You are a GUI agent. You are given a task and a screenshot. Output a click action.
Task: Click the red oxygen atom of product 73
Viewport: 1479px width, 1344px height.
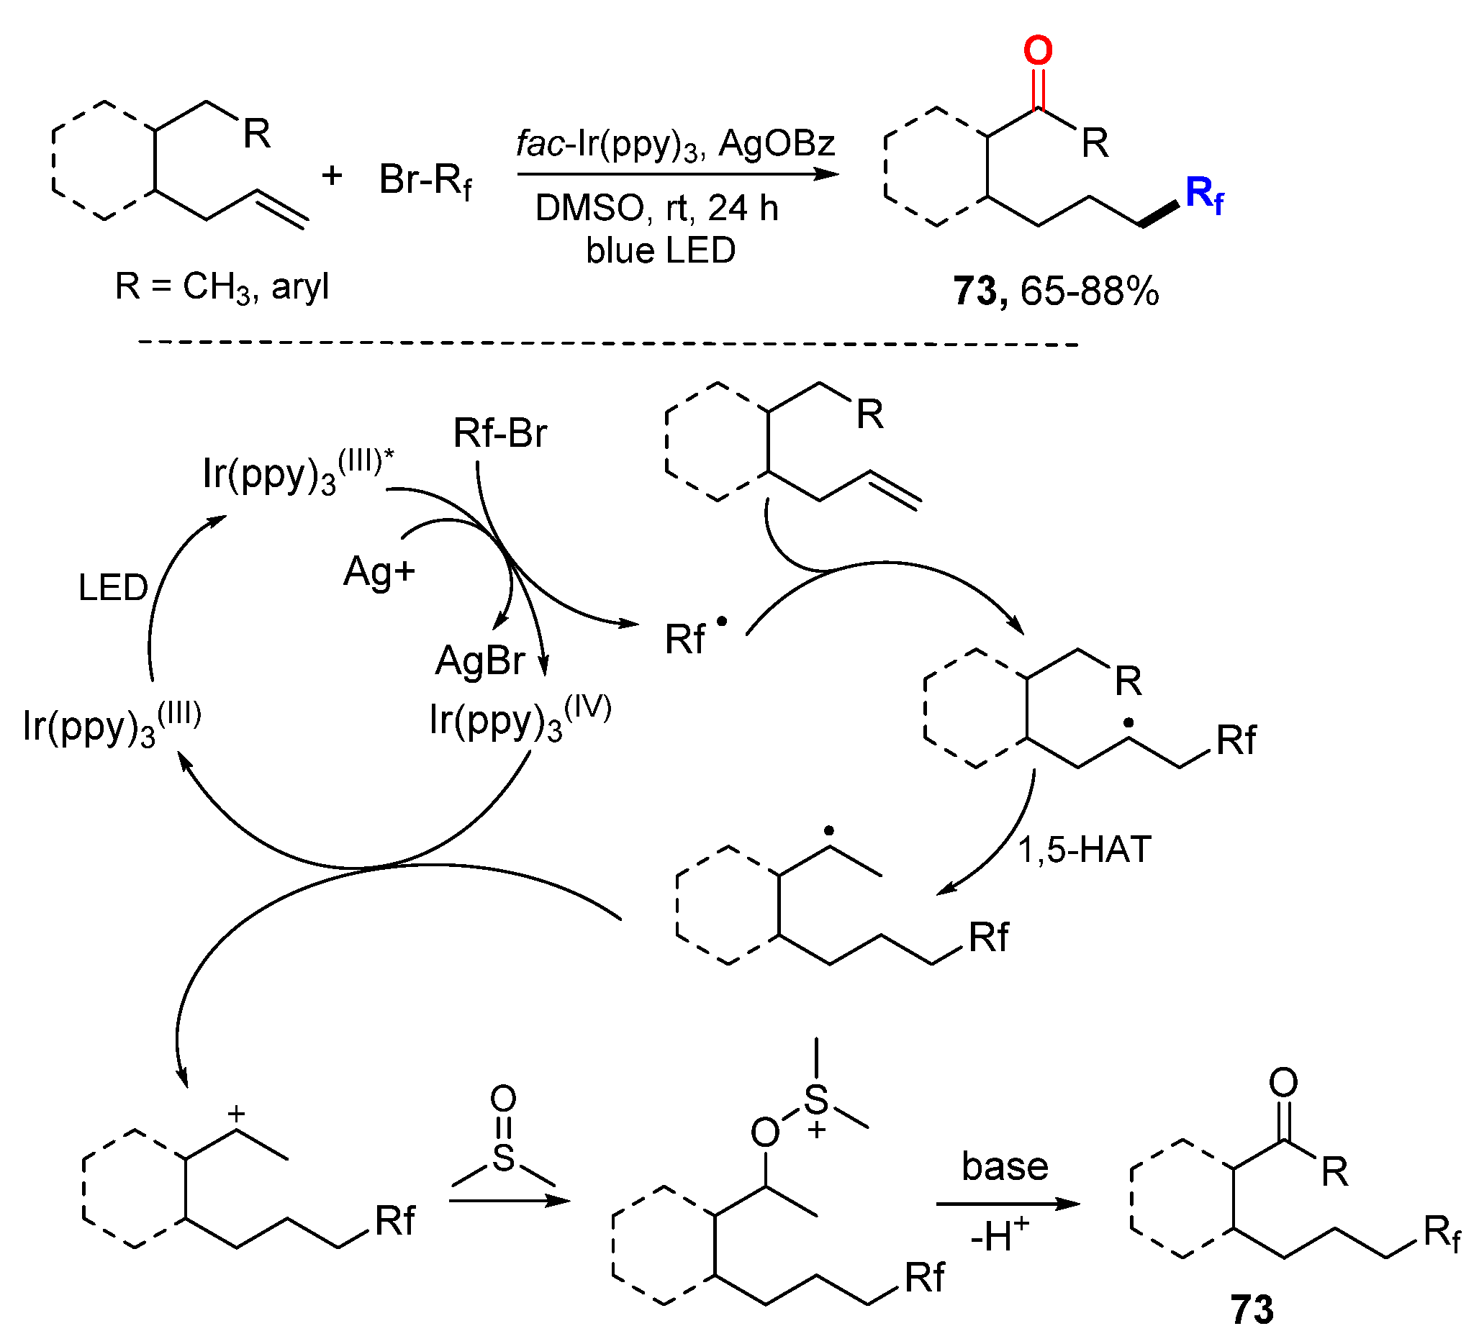click(x=1037, y=51)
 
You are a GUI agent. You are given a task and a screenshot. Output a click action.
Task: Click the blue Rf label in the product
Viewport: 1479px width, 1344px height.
click(x=1203, y=195)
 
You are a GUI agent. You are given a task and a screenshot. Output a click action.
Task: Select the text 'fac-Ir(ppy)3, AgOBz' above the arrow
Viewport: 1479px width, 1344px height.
click(x=675, y=143)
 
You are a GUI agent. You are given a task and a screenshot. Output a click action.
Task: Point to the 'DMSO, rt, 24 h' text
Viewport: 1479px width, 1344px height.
click(x=656, y=208)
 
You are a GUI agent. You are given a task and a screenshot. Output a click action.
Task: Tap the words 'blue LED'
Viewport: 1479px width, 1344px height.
click(x=660, y=251)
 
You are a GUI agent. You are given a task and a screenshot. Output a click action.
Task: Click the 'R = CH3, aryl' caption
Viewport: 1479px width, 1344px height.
click(x=222, y=286)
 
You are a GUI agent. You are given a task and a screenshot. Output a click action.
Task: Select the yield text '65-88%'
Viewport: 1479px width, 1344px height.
click(x=1090, y=291)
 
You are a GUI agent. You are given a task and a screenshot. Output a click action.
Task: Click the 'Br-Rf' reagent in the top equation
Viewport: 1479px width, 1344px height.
click(x=425, y=180)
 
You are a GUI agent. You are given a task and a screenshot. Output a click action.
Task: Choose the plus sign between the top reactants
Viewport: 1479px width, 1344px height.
click(x=332, y=176)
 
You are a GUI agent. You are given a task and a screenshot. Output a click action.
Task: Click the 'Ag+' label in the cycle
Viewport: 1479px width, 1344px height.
click(x=379, y=572)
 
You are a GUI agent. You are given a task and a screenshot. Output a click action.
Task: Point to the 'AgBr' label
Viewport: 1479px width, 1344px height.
click(x=480, y=660)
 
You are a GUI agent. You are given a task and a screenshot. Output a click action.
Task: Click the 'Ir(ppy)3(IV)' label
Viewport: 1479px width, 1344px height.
click(x=520, y=719)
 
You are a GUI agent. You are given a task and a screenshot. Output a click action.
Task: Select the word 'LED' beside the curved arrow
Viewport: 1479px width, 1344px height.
click(x=113, y=588)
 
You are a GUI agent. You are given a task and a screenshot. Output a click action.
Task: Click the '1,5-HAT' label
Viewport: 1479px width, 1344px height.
click(x=1085, y=850)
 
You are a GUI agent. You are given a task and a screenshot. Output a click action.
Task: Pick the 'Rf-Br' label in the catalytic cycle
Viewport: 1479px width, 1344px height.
click(x=499, y=432)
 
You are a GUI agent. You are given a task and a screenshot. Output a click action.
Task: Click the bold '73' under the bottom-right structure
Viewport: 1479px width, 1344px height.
click(x=1252, y=1309)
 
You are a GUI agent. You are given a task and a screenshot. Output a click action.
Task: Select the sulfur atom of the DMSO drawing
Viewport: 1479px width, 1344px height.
click(x=503, y=1157)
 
